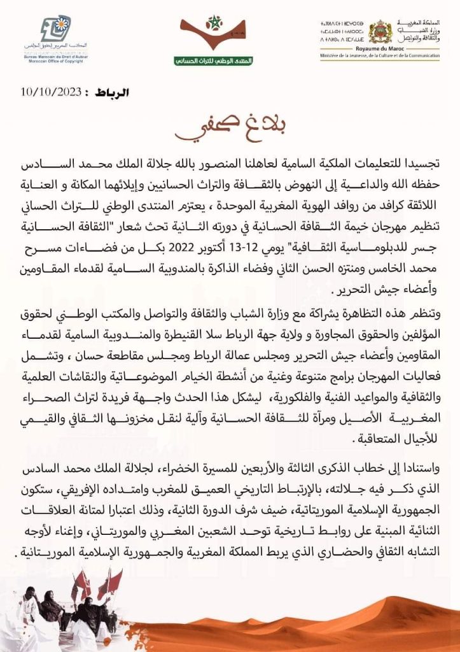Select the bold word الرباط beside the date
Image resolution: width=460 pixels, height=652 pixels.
click(x=112, y=93)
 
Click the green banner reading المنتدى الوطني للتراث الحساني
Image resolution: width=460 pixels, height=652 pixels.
click(x=213, y=60)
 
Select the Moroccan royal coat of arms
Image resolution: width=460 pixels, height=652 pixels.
click(x=380, y=31)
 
